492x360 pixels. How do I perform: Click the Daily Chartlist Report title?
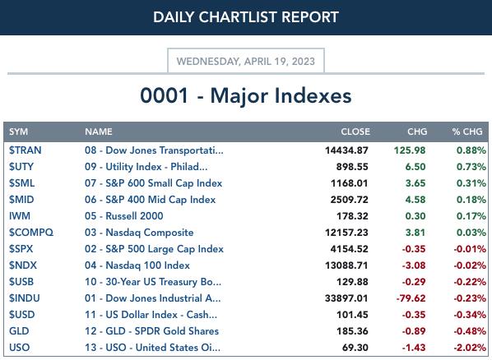pyautogui.click(x=246, y=17)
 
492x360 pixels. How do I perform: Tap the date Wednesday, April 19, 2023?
pyautogui.click(x=246, y=61)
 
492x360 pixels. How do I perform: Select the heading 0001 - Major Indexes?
pyautogui.click(x=246, y=95)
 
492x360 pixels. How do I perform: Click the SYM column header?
pyautogui.click(x=19, y=132)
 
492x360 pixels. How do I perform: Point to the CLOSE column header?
pyautogui.click(x=355, y=132)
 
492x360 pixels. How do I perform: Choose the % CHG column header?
pyautogui.click(x=467, y=132)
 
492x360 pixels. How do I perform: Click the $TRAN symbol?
pyautogui.click(x=26, y=150)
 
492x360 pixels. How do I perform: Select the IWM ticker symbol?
pyautogui.click(x=20, y=216)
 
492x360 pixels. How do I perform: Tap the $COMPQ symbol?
pyautogui.click(x=31, y=233)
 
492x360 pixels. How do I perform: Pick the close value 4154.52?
pyautogui.click(x=349, y=249)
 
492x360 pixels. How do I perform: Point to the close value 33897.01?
pyautogui.click(x=346, y=298)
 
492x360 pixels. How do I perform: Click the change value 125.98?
pyautogui.click(x=410, y=150)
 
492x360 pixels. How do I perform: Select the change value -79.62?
pyautogui.click(x=411, y=298)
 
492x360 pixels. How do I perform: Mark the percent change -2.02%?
pyautogui.click(x=470, y=348)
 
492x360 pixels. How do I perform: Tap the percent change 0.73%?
pyautogui.click(x=471, y=167)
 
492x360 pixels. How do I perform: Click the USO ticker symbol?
pyautogui.click(x=20, y=348)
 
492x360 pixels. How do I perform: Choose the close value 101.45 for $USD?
pyautogui.click(x=352, y=315)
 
